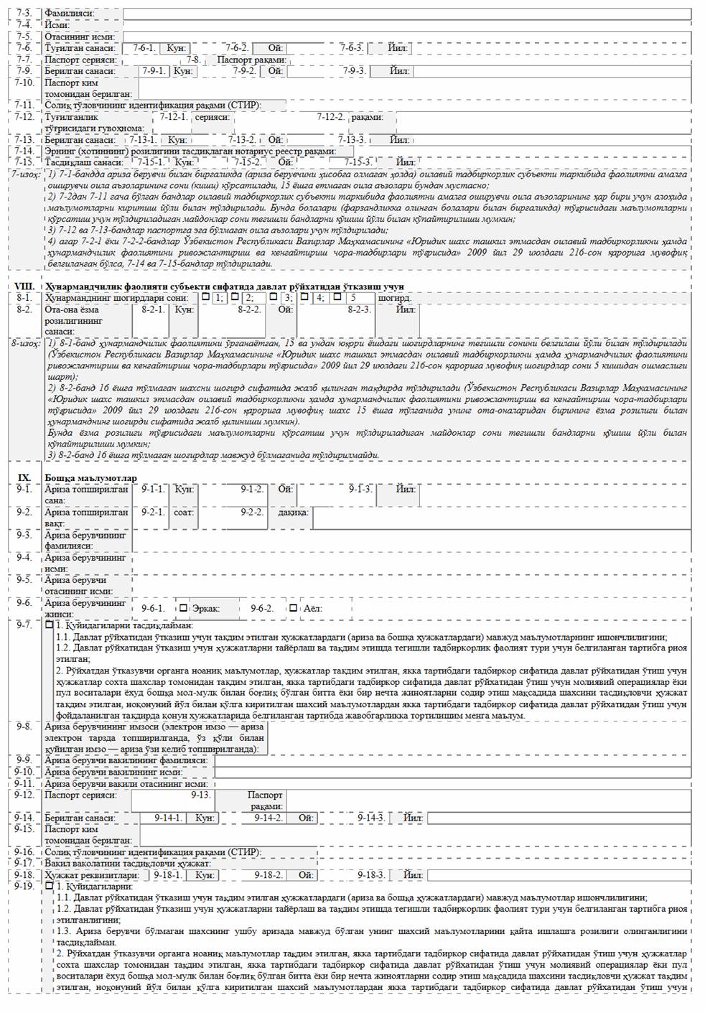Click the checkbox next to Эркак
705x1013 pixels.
[x=183, y=608]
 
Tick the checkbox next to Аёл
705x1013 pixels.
[x=294, y=608]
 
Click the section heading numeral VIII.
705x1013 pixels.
[x=24, y=286]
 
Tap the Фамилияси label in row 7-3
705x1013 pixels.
[x=69, y=14]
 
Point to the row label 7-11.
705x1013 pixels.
[x=24, y=105]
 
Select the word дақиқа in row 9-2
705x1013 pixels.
[x=293, y=513]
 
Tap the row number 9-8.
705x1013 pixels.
[x=24, y=727]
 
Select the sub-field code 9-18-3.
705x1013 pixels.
[x=371, y=875]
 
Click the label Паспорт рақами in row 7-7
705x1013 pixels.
[x=252, y=60]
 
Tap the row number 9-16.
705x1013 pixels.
[x=24, y=851]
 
